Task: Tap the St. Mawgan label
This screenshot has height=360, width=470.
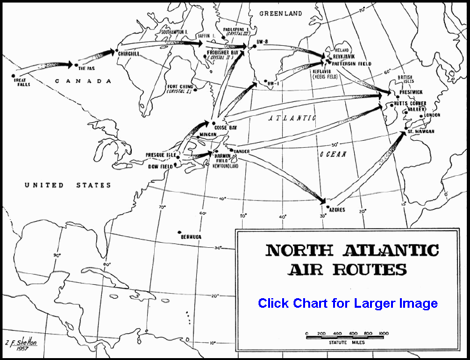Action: [421, 131]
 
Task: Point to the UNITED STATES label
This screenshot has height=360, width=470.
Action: [68, 185]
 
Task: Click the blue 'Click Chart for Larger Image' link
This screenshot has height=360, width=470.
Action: [348, 303]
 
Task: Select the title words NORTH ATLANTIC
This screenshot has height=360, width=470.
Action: [352, 250]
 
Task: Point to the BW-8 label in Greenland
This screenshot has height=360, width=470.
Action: [259, 41]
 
